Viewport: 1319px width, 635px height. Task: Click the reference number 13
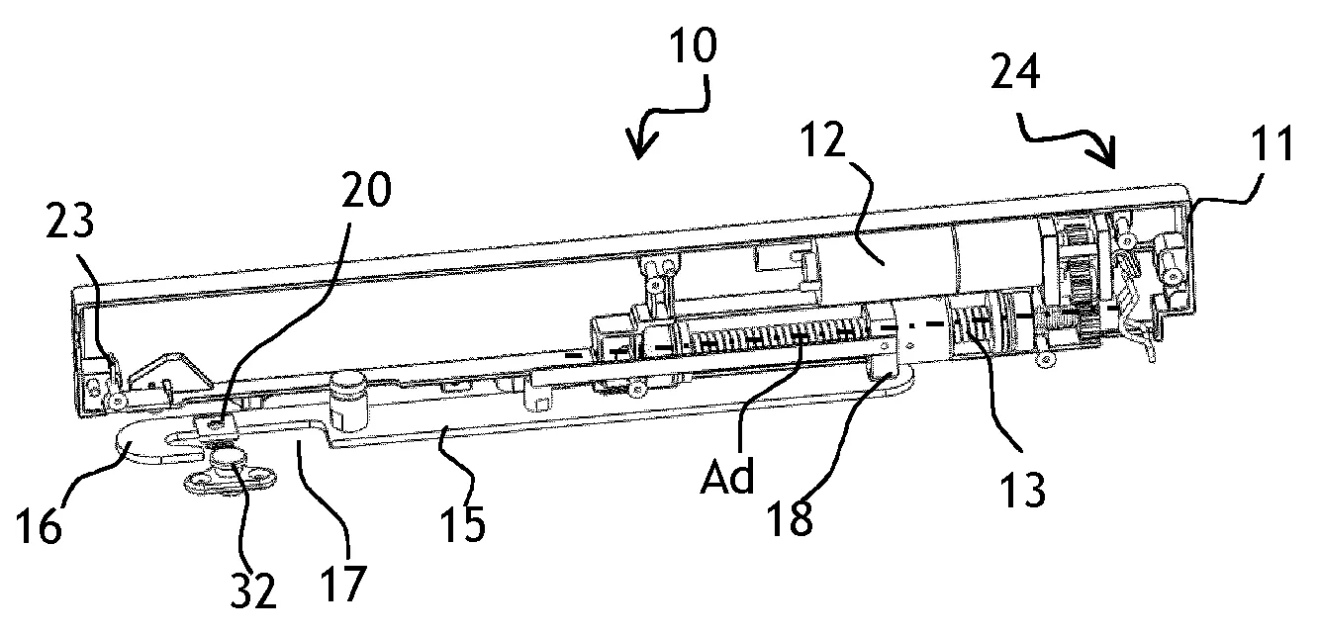(x=1022, y=490)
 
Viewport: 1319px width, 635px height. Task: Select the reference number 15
(x=463, y=522)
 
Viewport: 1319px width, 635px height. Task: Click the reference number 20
(x=367, y=187)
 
